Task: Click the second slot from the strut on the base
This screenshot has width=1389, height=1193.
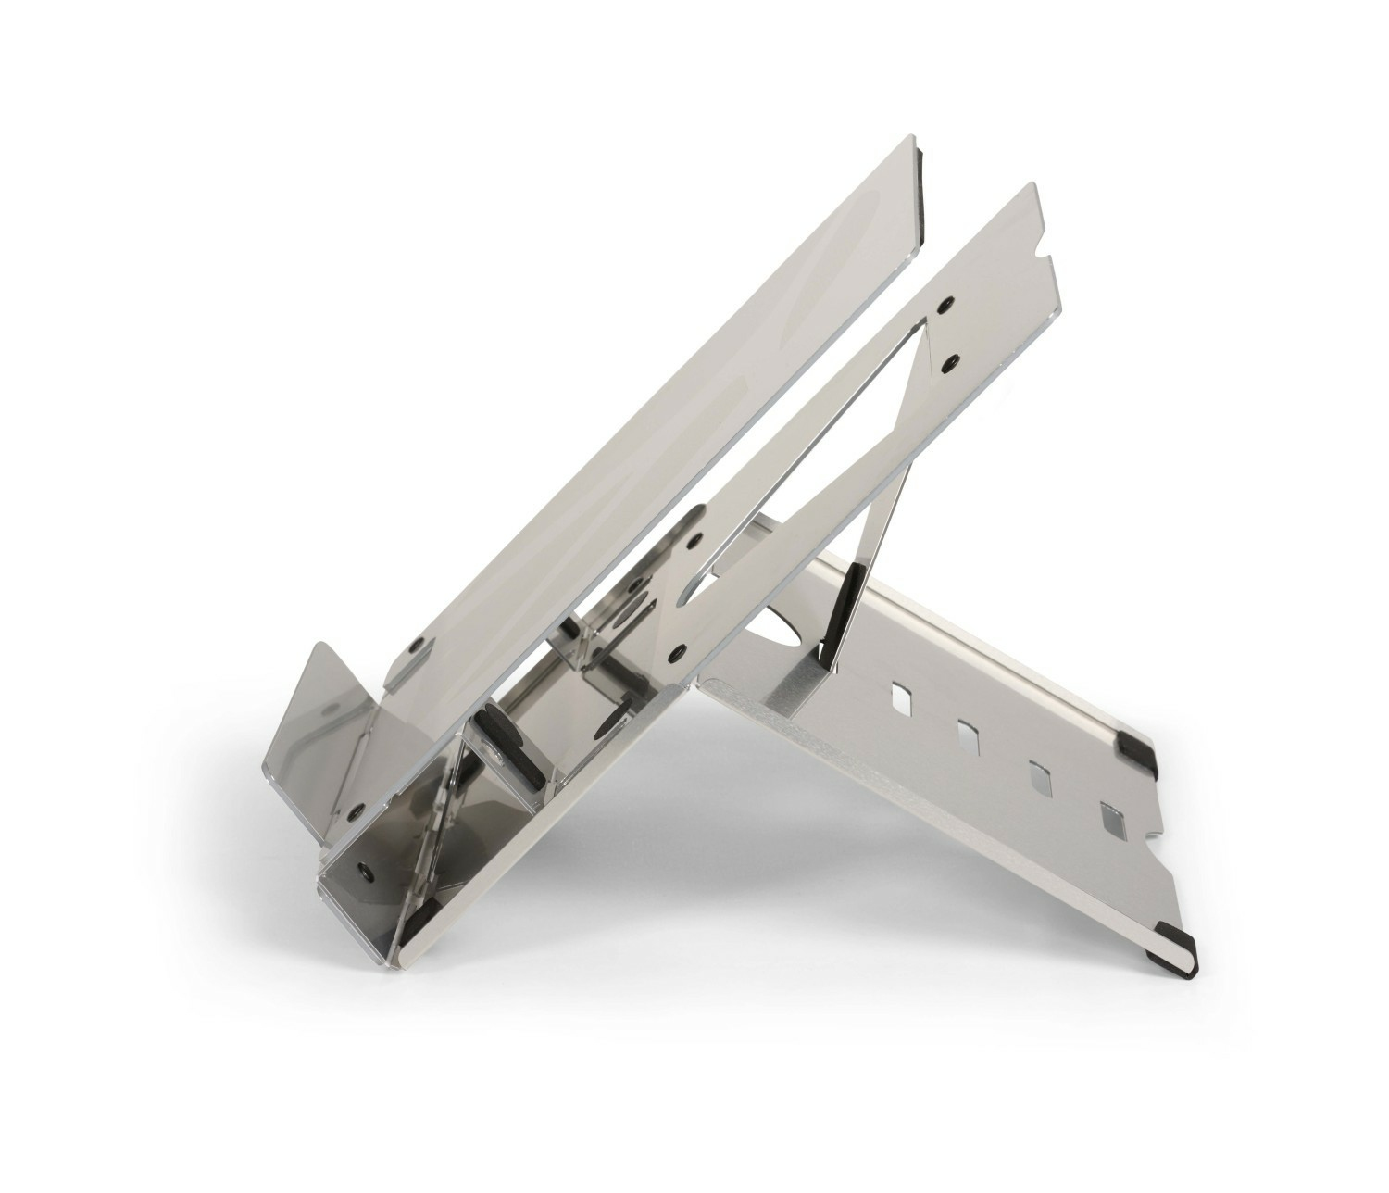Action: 969,735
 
